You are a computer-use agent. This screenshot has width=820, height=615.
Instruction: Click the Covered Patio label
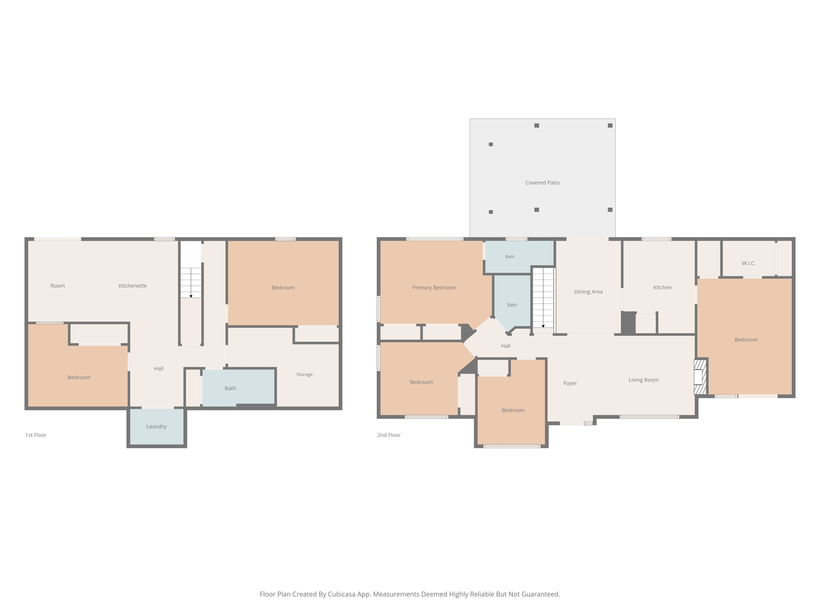click(542, 183)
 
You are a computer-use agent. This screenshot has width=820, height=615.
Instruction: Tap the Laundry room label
click(156, 426)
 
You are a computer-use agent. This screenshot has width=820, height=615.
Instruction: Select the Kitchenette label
click(133, 286)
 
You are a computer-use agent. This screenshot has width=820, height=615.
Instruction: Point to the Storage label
click(304, 374)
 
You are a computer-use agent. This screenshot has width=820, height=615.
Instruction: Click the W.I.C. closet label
click(748, 263)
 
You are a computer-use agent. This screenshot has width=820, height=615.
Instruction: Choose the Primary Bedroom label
click(434, 287)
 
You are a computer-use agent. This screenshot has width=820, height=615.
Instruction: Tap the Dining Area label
click(588, 292)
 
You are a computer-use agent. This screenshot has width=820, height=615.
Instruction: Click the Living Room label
click(643, 380)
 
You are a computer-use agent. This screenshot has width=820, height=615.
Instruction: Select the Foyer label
click(570, 383)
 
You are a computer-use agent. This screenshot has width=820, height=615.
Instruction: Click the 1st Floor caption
click(36, 435)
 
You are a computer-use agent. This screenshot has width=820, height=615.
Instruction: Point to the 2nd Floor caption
click(389, 435)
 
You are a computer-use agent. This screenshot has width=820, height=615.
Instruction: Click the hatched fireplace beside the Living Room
click(699, 377)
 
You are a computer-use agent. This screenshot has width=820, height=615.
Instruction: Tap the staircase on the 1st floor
click(191, 283)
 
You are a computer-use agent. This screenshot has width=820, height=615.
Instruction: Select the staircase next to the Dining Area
click(543, 298)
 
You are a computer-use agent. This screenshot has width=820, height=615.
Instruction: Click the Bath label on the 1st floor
click(230, 388)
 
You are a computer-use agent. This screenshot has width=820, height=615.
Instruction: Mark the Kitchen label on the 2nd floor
click(662, 287)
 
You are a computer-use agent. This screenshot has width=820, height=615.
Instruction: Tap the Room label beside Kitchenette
click(58, 286)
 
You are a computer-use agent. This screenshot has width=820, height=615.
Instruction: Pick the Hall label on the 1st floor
click(159, 369)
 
